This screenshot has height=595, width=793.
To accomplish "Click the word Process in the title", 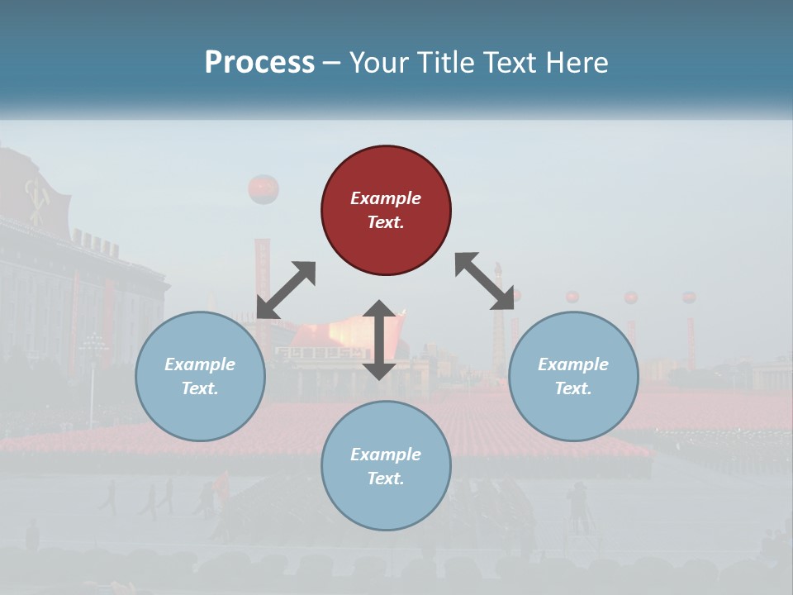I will [x=259, y=62].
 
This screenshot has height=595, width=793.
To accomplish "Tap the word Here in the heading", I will [x=575, y=62].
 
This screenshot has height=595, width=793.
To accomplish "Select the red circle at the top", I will [x=386, y=210].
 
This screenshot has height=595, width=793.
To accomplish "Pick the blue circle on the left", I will [x=200, y=376].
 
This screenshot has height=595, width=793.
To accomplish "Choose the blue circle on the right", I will [x=573, y=376].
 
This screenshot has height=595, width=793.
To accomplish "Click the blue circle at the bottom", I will [x=386, y=466].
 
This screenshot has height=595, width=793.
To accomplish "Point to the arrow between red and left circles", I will [x=286, y=290].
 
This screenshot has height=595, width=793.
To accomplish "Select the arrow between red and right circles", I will [x=484, y=281].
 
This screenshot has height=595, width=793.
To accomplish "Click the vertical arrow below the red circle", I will [x=379, y=340].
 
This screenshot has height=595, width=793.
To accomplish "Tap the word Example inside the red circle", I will [x=386, y=198].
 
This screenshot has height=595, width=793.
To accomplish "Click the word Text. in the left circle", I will [x=200, y=388].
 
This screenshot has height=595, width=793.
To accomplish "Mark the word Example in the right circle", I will [x=573, y=364].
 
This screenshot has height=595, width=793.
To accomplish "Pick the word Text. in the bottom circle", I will [x=386, y=478].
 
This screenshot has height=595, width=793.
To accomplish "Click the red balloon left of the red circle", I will [x=263, y=189].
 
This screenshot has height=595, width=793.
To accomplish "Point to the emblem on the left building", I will [x=37, y=198].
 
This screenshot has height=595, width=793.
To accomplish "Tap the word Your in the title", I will [x=376, y=62].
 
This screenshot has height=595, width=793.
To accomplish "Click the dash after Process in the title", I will [x=332, y=62].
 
